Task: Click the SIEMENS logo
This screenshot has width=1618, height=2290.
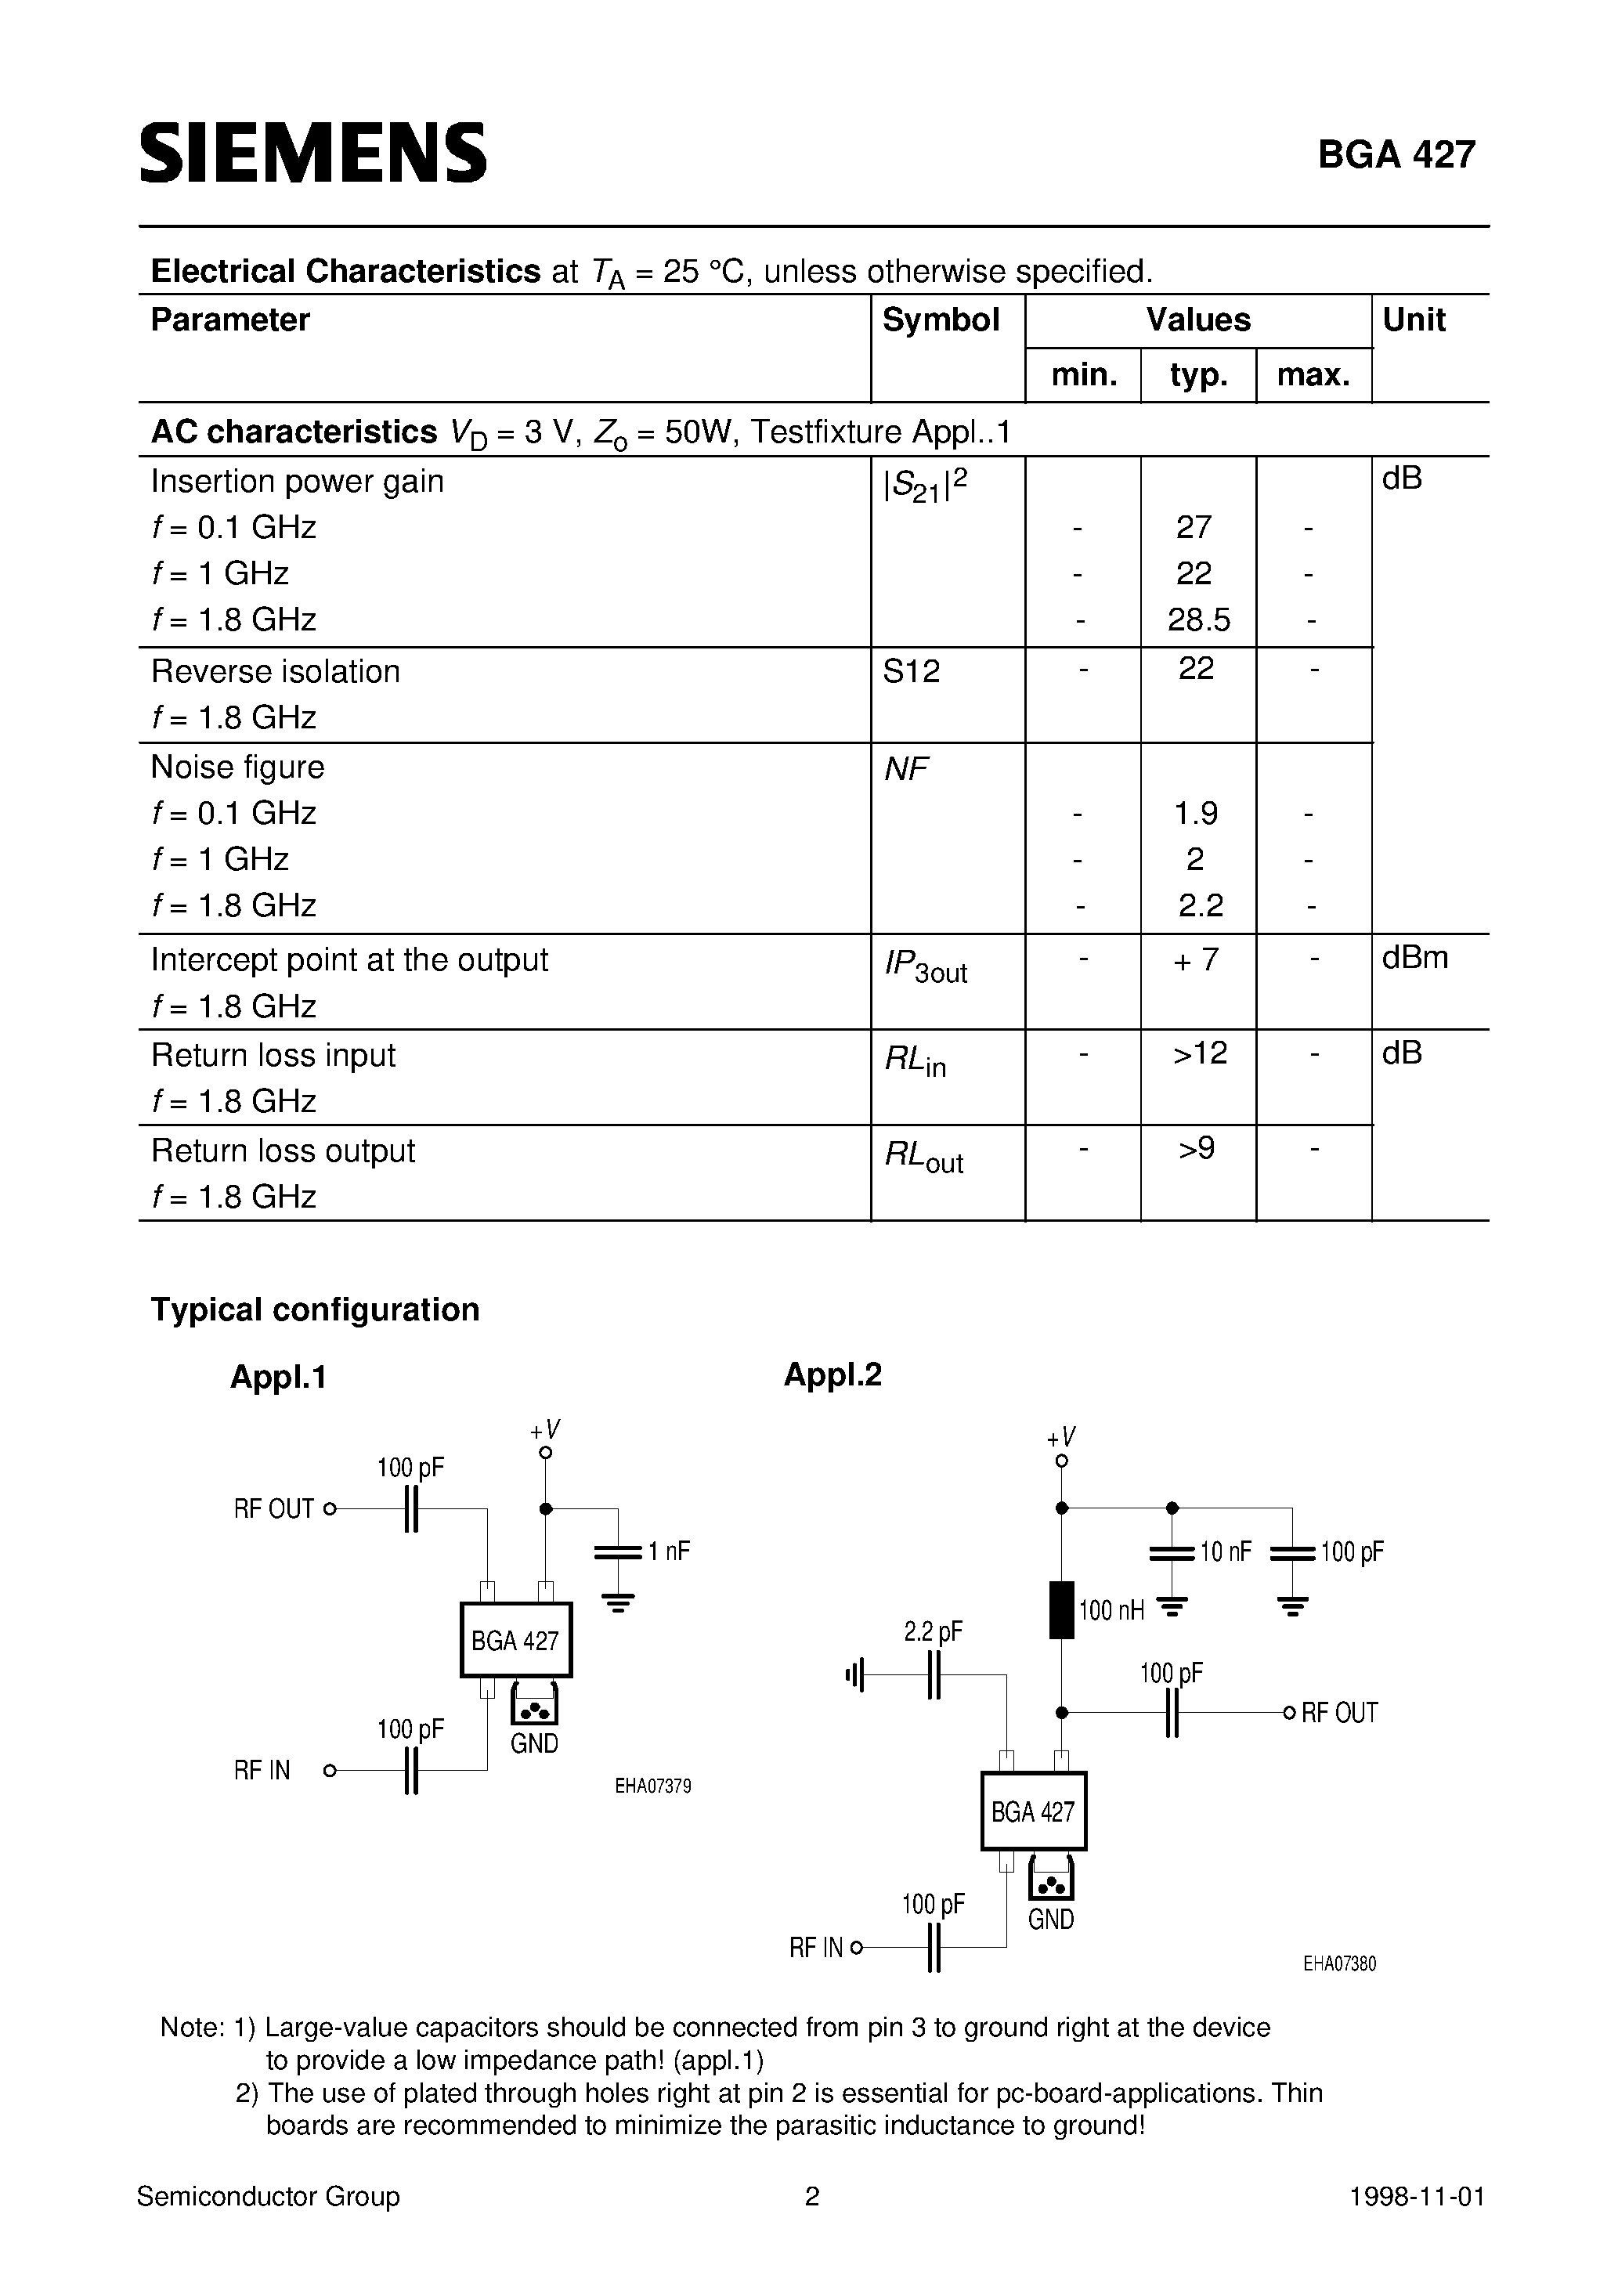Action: click(312, 154)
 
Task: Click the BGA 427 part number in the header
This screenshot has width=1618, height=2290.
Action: click(1396, 154)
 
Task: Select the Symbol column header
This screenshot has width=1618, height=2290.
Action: click(940, 320)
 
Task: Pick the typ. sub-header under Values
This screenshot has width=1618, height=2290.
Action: click(1198, 375)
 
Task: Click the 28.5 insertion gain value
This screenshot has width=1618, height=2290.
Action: click(1199, 620)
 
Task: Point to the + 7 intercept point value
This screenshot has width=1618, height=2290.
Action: click(1196, 959)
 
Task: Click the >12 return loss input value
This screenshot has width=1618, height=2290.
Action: click(1199, 1053)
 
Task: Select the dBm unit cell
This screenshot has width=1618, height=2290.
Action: click(1414, 959)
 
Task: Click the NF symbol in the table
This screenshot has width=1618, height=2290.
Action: click(906, 769)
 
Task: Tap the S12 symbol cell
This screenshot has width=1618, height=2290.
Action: click(912, 671)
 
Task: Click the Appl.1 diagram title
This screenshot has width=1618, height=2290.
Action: click(278, 1378)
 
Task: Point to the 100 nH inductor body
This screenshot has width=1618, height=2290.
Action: click(1061, 1609)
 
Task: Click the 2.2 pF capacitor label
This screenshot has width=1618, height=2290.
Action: click(933, 1631)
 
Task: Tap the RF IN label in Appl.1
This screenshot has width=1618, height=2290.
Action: click(262, 1770)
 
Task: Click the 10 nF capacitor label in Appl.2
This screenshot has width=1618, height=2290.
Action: click(1225, 1552)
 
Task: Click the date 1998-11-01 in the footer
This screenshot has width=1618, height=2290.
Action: click(1417, 2198)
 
